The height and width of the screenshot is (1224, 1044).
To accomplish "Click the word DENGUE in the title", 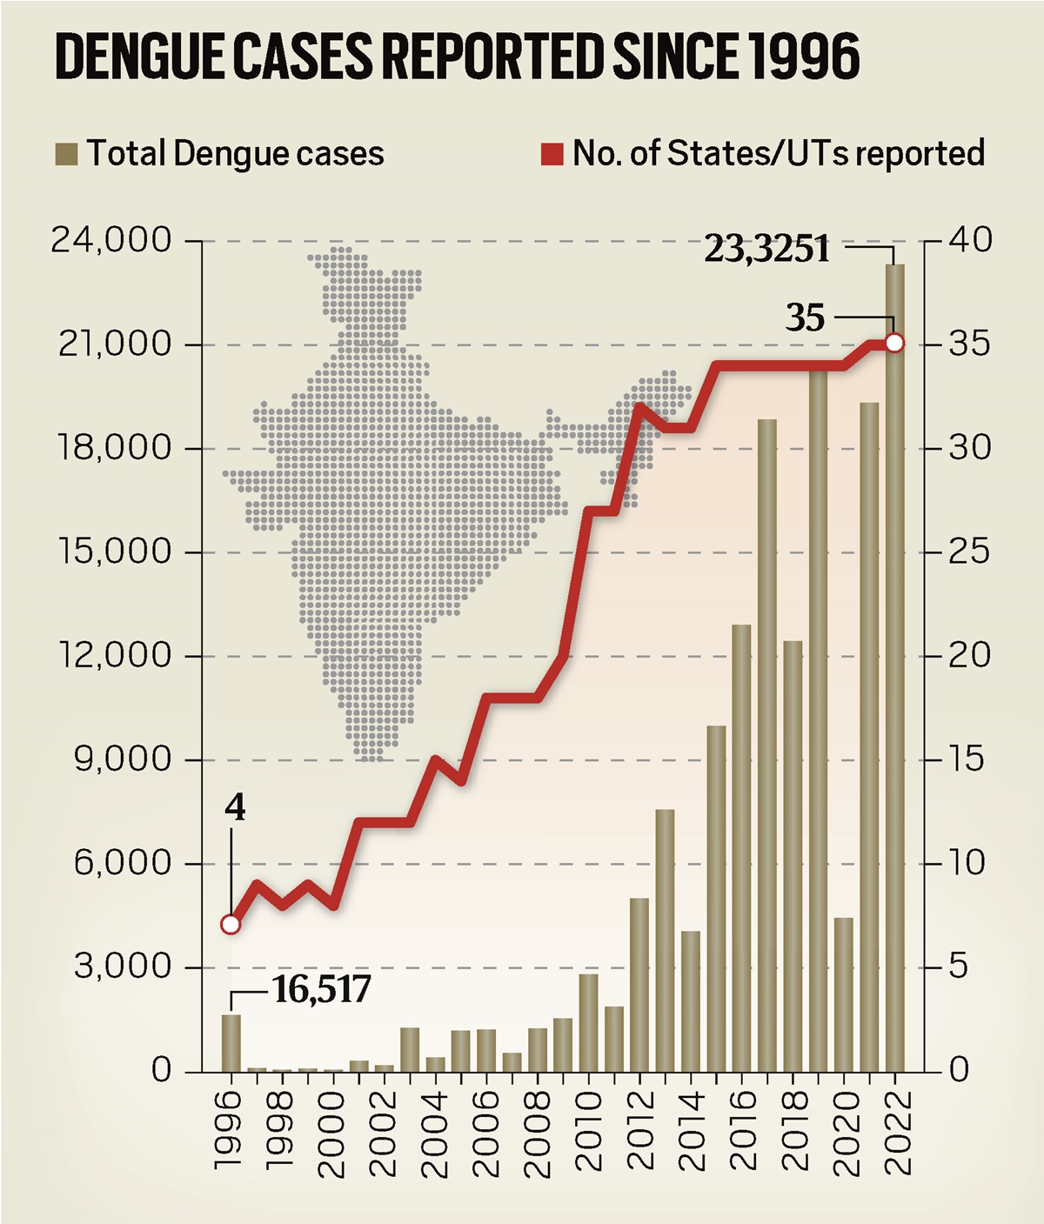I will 140,57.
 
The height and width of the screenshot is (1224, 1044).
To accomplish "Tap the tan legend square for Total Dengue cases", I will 66,154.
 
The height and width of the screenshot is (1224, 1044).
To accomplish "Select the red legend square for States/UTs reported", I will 552,154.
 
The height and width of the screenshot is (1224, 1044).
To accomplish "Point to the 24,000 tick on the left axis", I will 111,240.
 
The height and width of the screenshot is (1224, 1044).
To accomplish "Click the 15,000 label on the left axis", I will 111,552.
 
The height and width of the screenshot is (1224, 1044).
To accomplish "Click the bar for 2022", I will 895,696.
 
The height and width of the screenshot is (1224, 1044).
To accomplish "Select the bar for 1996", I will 231,1044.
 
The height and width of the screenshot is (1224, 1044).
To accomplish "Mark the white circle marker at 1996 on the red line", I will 231,924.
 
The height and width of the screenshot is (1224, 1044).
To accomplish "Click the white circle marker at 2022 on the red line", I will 895,344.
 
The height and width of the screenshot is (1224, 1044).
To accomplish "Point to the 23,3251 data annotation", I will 766,249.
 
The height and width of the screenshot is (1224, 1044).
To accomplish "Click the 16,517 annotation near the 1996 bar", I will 322,989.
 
